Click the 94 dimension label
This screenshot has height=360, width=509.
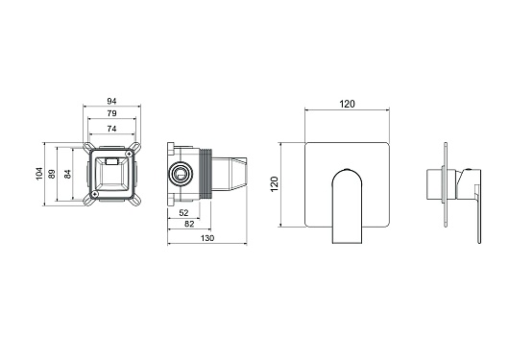(111, 102)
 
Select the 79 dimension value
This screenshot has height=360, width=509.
(111, 113)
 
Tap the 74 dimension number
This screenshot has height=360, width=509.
(111, 129)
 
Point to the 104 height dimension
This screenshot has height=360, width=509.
(39, 174)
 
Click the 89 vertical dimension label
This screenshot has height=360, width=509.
(52, 174)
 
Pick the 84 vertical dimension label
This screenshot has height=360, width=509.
(67, 174)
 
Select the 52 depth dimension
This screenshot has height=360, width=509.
(183, 213)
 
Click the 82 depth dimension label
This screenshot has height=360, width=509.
(189, 224)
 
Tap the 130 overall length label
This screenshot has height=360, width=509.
(207, 238)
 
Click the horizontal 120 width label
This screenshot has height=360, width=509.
(347, 104)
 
